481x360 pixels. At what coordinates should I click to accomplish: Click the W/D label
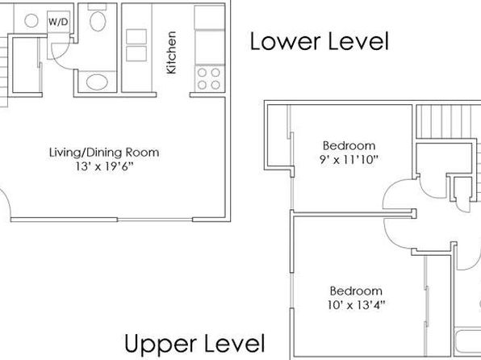coord(58,22)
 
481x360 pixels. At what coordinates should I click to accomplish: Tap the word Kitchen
coord(171,52)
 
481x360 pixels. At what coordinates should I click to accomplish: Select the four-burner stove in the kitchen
coord(209,78)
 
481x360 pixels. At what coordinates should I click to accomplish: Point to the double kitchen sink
coord(136,45)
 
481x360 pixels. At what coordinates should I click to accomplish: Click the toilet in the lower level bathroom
coord(98,19)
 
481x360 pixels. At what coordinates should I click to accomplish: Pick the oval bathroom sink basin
coord(97,82)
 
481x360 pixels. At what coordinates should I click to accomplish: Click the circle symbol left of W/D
coord(31,21)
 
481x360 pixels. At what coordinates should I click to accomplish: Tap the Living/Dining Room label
coord(104,153)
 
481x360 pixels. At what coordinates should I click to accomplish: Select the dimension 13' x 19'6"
coord(105,166)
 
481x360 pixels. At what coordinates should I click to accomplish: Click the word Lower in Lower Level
coord(286,41)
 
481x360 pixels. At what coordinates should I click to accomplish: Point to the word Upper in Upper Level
coord(161,345)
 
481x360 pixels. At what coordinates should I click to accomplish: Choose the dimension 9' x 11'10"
coord(349,160)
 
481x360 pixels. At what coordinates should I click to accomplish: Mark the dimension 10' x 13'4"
coord(356,305)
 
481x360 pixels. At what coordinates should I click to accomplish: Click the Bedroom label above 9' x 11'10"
coord(349,145)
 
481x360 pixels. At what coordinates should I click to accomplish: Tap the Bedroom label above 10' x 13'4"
coord(356,291)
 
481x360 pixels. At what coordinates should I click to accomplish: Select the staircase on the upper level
coord(448,122)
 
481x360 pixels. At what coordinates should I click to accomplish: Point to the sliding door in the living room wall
coord(155,220)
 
